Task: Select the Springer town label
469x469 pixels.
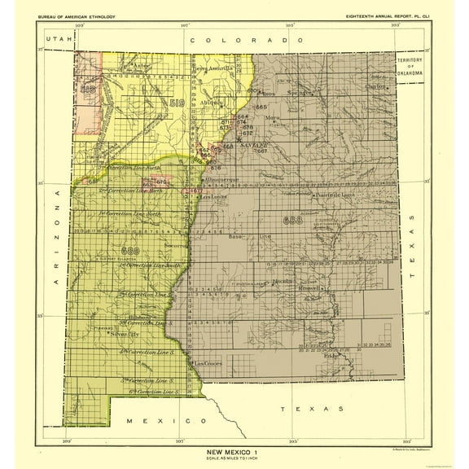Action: [305, 94]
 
